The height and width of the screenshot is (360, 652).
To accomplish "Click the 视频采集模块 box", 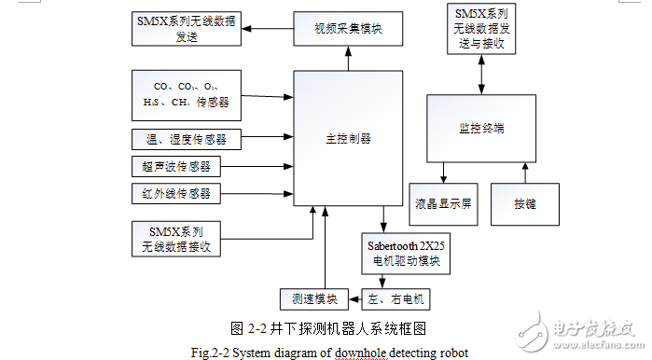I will point(349,30).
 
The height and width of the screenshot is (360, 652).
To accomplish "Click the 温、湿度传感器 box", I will point(186,140).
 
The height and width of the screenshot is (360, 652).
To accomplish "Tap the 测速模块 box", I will point(312,299).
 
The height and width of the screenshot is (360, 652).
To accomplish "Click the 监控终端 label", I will point(482,127).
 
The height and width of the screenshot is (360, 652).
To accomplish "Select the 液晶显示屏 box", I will point(443,202).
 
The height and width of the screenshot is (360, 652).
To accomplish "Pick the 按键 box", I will point(525,202).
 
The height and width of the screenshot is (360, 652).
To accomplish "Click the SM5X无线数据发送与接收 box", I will point(482,30).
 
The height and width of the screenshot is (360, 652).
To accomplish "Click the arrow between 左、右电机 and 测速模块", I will point(355,299).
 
